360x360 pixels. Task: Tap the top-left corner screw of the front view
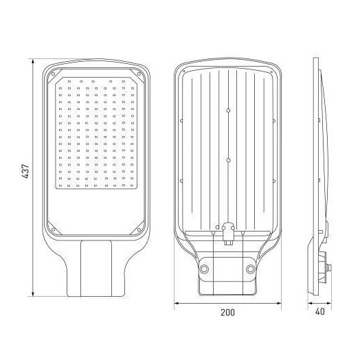pos(51,71)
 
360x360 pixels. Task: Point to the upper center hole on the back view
pos(228,111)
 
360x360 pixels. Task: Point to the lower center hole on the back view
pos(228,160)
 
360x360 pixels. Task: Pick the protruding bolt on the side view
pos(330,265)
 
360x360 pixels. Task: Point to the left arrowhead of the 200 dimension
pos(173,302)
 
